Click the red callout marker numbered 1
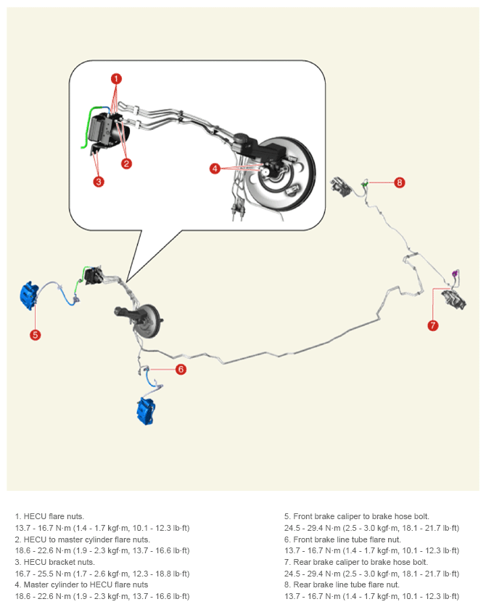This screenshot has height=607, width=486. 116,79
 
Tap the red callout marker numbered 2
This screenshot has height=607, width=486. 126,163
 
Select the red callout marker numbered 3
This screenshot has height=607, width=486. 99,182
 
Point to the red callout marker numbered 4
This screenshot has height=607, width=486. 215,168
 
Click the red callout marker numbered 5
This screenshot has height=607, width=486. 36,335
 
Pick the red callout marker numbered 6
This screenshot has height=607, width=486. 181,370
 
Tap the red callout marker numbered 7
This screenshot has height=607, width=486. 432,325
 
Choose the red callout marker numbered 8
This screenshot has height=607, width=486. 400,182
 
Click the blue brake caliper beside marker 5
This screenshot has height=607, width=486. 29,296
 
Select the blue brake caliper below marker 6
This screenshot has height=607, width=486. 146,411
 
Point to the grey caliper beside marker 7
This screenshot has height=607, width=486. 454,300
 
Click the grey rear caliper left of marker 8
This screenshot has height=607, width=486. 341,187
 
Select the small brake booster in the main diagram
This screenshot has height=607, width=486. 147,322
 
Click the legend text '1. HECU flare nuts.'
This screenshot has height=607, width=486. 49,516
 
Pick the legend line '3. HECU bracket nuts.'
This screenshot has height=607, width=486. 55,562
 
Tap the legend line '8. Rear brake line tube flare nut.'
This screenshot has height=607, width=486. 342,584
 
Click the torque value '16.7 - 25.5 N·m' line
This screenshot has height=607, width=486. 102,574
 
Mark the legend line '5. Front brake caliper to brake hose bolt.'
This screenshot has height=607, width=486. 356,516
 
